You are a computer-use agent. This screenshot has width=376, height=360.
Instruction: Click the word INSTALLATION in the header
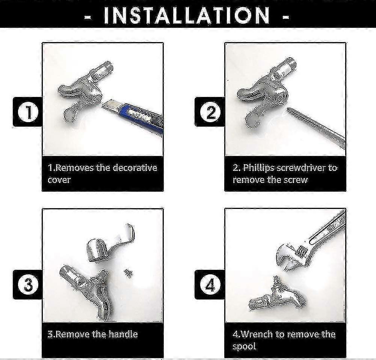[x=187, y=15]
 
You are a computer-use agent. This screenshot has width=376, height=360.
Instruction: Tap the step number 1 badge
[x=28, y=112]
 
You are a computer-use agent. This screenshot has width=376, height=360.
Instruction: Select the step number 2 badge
[x=210, y=112]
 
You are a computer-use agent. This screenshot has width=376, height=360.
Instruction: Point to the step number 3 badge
[x=28, y=285]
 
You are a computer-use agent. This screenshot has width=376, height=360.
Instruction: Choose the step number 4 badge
[x=210, y=285]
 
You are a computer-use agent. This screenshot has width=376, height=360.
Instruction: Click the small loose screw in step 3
[x=128, y=273]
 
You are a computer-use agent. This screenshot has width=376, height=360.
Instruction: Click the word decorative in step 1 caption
[x=134, y=167]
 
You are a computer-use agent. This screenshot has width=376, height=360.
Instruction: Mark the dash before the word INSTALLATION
[x=88, y=17]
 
